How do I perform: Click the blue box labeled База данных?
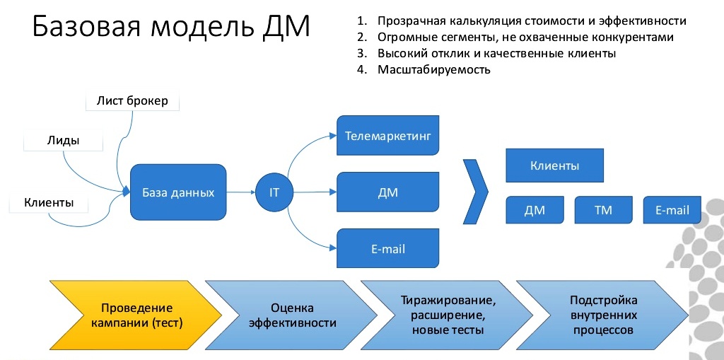tap(177, 192)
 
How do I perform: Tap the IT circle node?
tap(274, 192)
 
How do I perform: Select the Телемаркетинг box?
tap(388, 134)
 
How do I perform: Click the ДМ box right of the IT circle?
tap(388, 192)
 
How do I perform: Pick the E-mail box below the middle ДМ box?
tap(388, 249)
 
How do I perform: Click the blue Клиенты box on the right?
tap(554, 166)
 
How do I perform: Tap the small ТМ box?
tap(603, 210)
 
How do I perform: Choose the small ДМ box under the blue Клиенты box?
tap(535, 210)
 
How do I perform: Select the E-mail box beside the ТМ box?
tap(672, 210)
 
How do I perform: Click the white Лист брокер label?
tap(132, 100)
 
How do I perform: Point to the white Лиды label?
tap(63, 140)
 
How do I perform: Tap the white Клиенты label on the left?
tap(49, 203)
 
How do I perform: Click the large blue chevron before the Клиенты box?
tap(475, 191)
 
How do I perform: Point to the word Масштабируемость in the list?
tap(433, 69)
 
